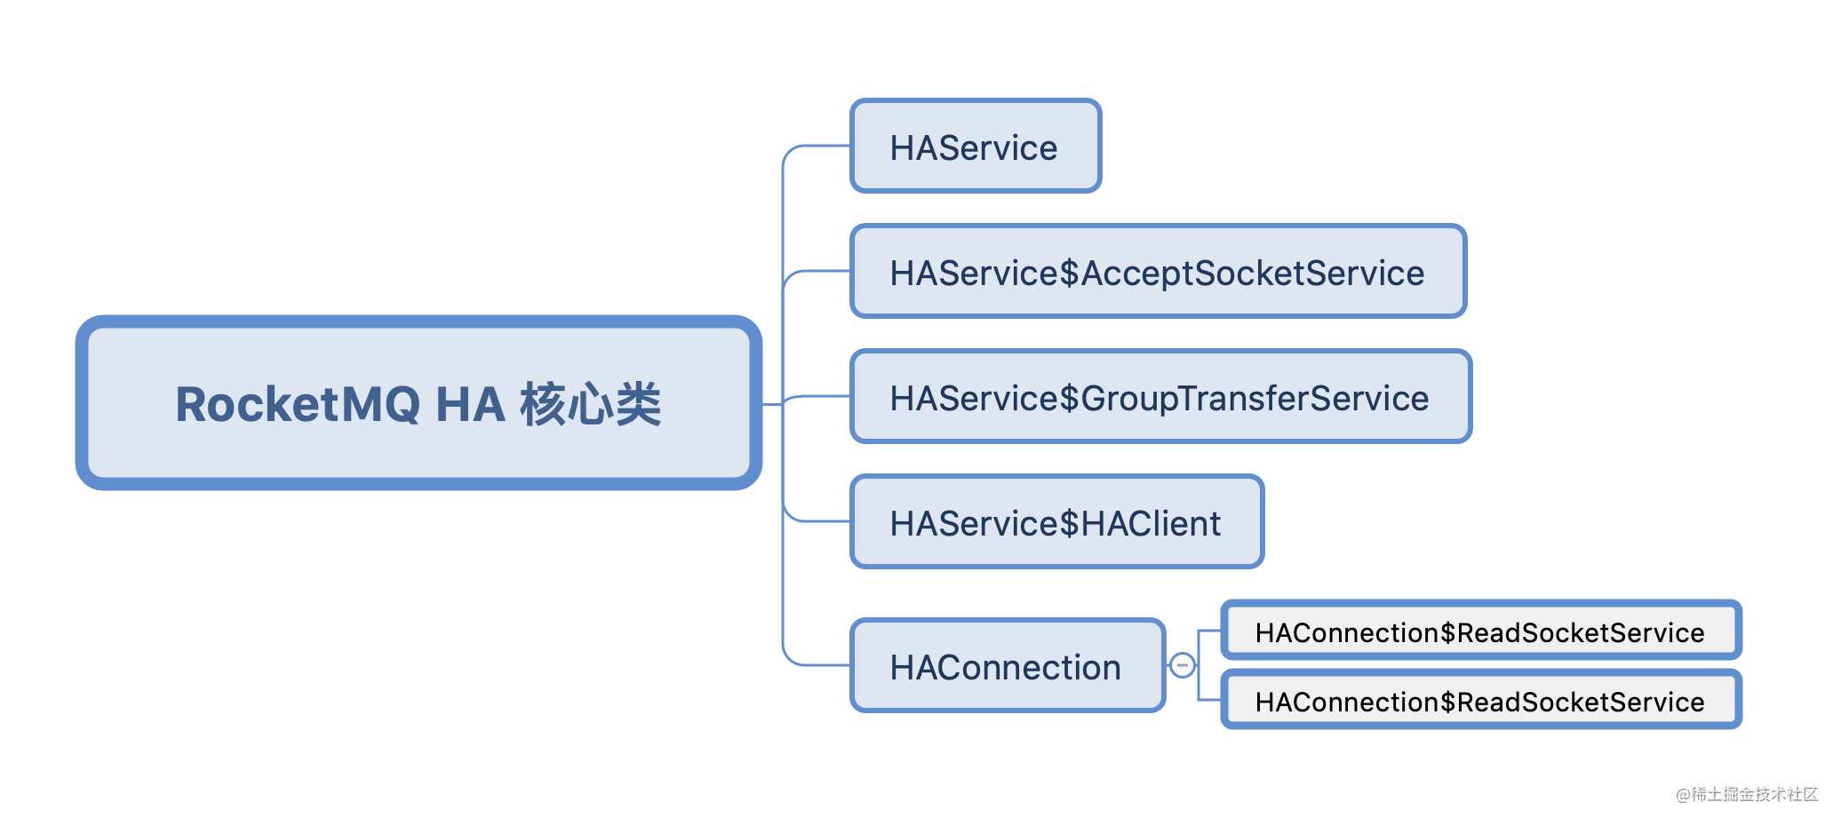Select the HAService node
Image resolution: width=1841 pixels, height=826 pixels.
[975, 147]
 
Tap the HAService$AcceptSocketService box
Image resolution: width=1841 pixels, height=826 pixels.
[1157, 272]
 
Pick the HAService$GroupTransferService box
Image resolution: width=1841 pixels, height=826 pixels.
[1160, 397]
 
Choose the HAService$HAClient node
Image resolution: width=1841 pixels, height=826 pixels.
[1056, 522]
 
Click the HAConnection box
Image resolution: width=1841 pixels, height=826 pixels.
[1006, 666]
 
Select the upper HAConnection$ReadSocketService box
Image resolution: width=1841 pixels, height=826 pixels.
[1479, 631]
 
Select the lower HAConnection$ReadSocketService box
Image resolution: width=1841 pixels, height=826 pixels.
[1479, 702]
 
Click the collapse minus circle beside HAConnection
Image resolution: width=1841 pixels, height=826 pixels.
[1182, 665]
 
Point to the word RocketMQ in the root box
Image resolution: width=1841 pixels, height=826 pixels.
[298, 404]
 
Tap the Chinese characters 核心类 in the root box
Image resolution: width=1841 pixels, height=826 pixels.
[591, 404]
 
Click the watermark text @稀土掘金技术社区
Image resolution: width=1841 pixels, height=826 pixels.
[1746, 794]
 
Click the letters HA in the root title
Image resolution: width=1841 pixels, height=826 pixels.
[470, 404]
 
